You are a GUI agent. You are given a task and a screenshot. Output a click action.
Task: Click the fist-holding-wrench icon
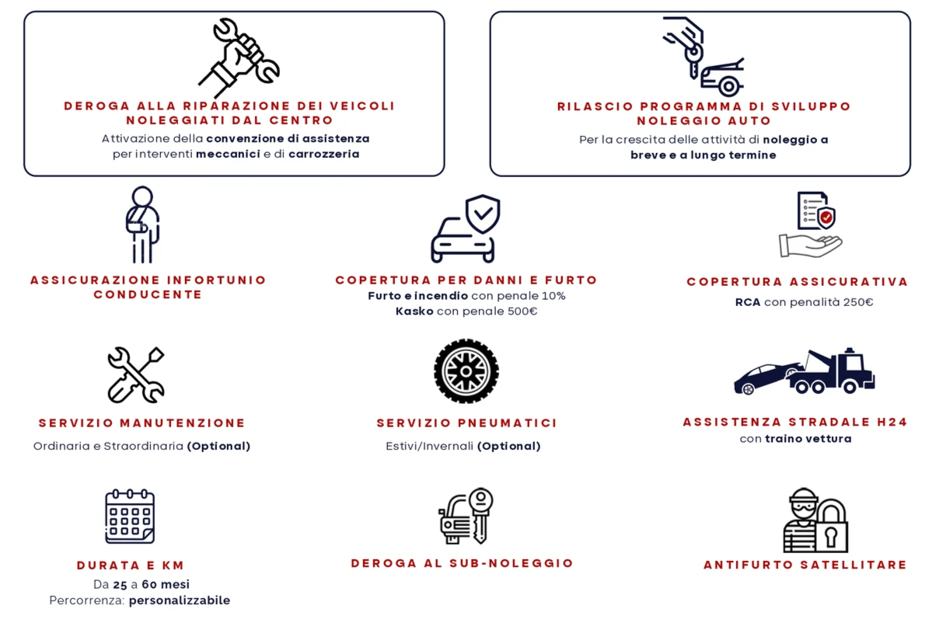pos(239,57)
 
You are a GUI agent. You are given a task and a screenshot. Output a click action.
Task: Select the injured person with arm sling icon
pos(142,224)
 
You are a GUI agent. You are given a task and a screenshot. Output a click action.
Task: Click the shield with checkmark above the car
pos(483,214)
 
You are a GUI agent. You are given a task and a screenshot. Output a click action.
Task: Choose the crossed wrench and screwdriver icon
pos(136,375)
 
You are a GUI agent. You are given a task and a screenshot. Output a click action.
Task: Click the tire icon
pos(466,371)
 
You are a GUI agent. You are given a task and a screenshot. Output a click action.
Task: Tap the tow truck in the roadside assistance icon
pos(832,372)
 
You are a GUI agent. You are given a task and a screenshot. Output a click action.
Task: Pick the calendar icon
pos(130,517)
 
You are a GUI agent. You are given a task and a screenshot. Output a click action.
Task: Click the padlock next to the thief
pos(831,527)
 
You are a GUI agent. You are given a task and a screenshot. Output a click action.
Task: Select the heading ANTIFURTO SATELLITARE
pos(805,565)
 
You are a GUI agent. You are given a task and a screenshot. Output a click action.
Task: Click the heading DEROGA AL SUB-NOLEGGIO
pos(462,563)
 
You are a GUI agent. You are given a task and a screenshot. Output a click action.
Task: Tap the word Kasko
pos(414,311)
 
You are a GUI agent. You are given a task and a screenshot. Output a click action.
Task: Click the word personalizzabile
pos(180,600)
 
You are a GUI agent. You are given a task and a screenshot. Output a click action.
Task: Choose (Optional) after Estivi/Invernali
pos(509,446)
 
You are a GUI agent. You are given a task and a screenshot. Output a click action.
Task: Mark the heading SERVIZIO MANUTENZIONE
pos(142,423)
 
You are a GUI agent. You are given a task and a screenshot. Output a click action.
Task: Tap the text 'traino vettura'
pos(809,439)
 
